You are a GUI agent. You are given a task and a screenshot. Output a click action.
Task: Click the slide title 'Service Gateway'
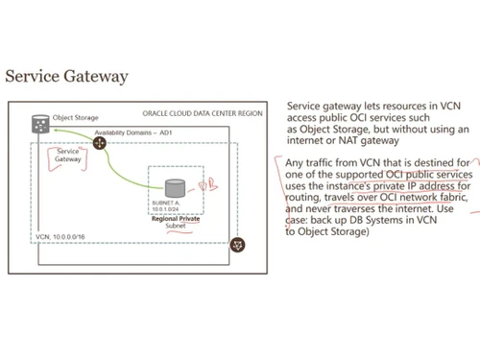tap(66, 76)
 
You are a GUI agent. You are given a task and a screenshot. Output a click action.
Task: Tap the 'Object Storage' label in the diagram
tap(75, 116)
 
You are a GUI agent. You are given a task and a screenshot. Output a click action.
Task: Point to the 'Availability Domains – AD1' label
tap(133, 132)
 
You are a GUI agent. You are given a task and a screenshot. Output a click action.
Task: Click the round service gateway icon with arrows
tap(99, 143)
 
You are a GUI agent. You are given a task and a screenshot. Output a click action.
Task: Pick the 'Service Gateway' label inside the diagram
tap(68, 156)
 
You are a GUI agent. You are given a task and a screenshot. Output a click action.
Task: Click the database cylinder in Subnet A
tap(175, 189)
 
